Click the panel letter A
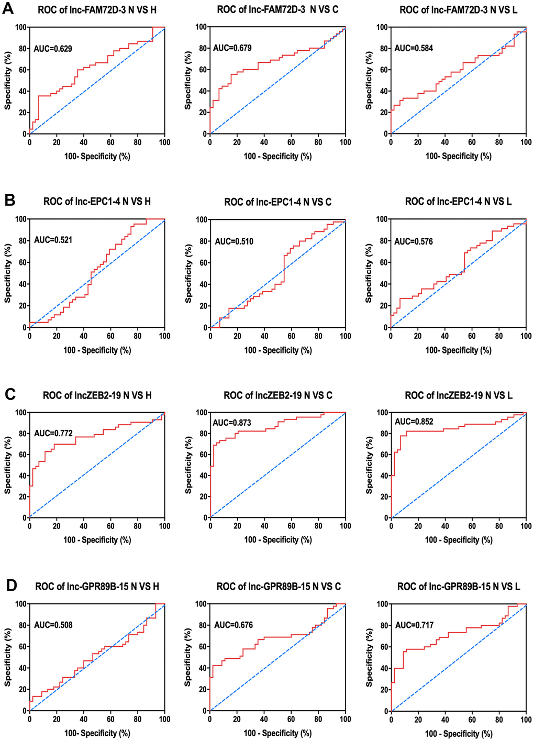pyautogui.click(x=9, y=10)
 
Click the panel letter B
pyautogui.click(x=9, y=201)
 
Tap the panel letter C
pyautogui.click(x=9, y=394)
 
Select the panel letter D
pyautogui.click(x=9, y=585)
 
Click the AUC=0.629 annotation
pyautogui.click(x=53, y=49)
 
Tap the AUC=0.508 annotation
pyautogui.click(x=53, y=625)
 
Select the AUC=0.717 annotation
pyautogui.click(x=414, y=625)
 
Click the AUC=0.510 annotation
pyautogui.click(x=234, y=241)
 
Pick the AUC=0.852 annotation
pyautogui.click(x=414, y=422)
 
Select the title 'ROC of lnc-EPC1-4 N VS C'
pyautogui.click(x=278, y=202)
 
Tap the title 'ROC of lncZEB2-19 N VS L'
pyautogui.click(x=459, y=395)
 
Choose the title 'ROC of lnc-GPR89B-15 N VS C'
pyautogui.click(x=278, y=587)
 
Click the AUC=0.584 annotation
pyautogui.click(x=414, y=48)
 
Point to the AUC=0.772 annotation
pyautogui.click(x=53, y=433)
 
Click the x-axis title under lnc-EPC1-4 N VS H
pyautogui.click(x=97, y=350)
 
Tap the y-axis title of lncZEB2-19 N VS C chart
pyautogui.click(x=188, y=465)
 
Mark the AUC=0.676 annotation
pyautogui.click(x=233, y=625)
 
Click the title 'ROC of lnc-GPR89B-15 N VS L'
pyautogui.click(x=459, y=587)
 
